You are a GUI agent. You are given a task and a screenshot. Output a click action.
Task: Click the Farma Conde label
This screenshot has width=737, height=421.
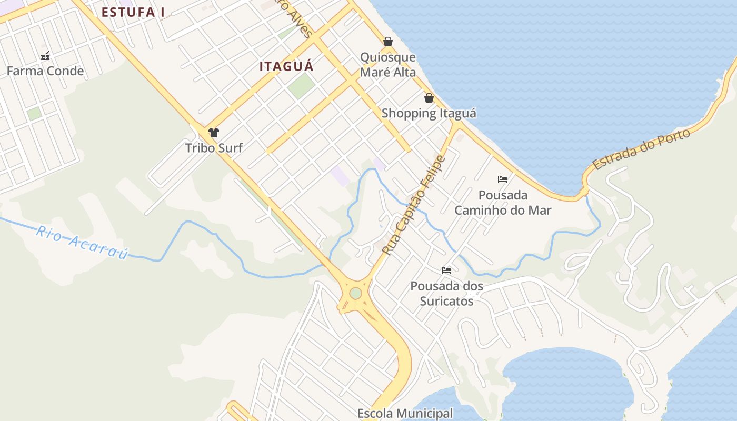[45, 71]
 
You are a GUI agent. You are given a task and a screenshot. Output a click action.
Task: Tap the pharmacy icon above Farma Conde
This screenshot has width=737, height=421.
[45, 55]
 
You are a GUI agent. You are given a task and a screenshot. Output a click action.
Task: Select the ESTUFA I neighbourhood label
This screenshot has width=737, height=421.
[130, 12]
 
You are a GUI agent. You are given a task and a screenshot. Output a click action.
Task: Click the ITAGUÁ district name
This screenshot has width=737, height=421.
[286, 66]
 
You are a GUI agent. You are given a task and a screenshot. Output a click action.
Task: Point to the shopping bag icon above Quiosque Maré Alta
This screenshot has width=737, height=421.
[388, 42]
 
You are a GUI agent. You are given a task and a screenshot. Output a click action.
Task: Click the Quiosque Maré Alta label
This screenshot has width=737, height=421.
[388, 65]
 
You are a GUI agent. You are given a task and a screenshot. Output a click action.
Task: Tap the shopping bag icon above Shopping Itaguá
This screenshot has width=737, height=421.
[429, 98]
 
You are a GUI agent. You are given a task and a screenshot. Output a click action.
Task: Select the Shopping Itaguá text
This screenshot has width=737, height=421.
[429, 113]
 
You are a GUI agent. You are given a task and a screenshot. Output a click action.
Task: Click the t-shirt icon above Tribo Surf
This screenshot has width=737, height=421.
[214, 133]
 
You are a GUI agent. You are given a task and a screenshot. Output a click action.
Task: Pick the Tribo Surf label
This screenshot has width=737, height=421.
[214, 148]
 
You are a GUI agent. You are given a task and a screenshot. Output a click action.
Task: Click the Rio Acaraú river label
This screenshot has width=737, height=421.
[82, 242]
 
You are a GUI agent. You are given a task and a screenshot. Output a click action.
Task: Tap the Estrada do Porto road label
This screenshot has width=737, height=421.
[641, 149]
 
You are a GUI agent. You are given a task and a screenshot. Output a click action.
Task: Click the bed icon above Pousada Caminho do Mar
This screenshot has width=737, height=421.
[503, 179]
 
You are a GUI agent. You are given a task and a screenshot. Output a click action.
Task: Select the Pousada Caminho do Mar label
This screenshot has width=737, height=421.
[503, 203]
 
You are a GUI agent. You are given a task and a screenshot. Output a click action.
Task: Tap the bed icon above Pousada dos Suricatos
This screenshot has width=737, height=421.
[446, 270]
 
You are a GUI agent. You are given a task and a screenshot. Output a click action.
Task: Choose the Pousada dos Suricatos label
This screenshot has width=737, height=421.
[446, 294]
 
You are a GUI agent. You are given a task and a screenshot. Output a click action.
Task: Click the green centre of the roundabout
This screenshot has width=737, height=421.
[356, 293]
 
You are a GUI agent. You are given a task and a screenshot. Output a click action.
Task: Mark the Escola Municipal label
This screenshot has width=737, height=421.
[405, 414]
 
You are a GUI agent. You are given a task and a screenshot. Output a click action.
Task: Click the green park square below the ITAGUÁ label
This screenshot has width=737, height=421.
[301, 85]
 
